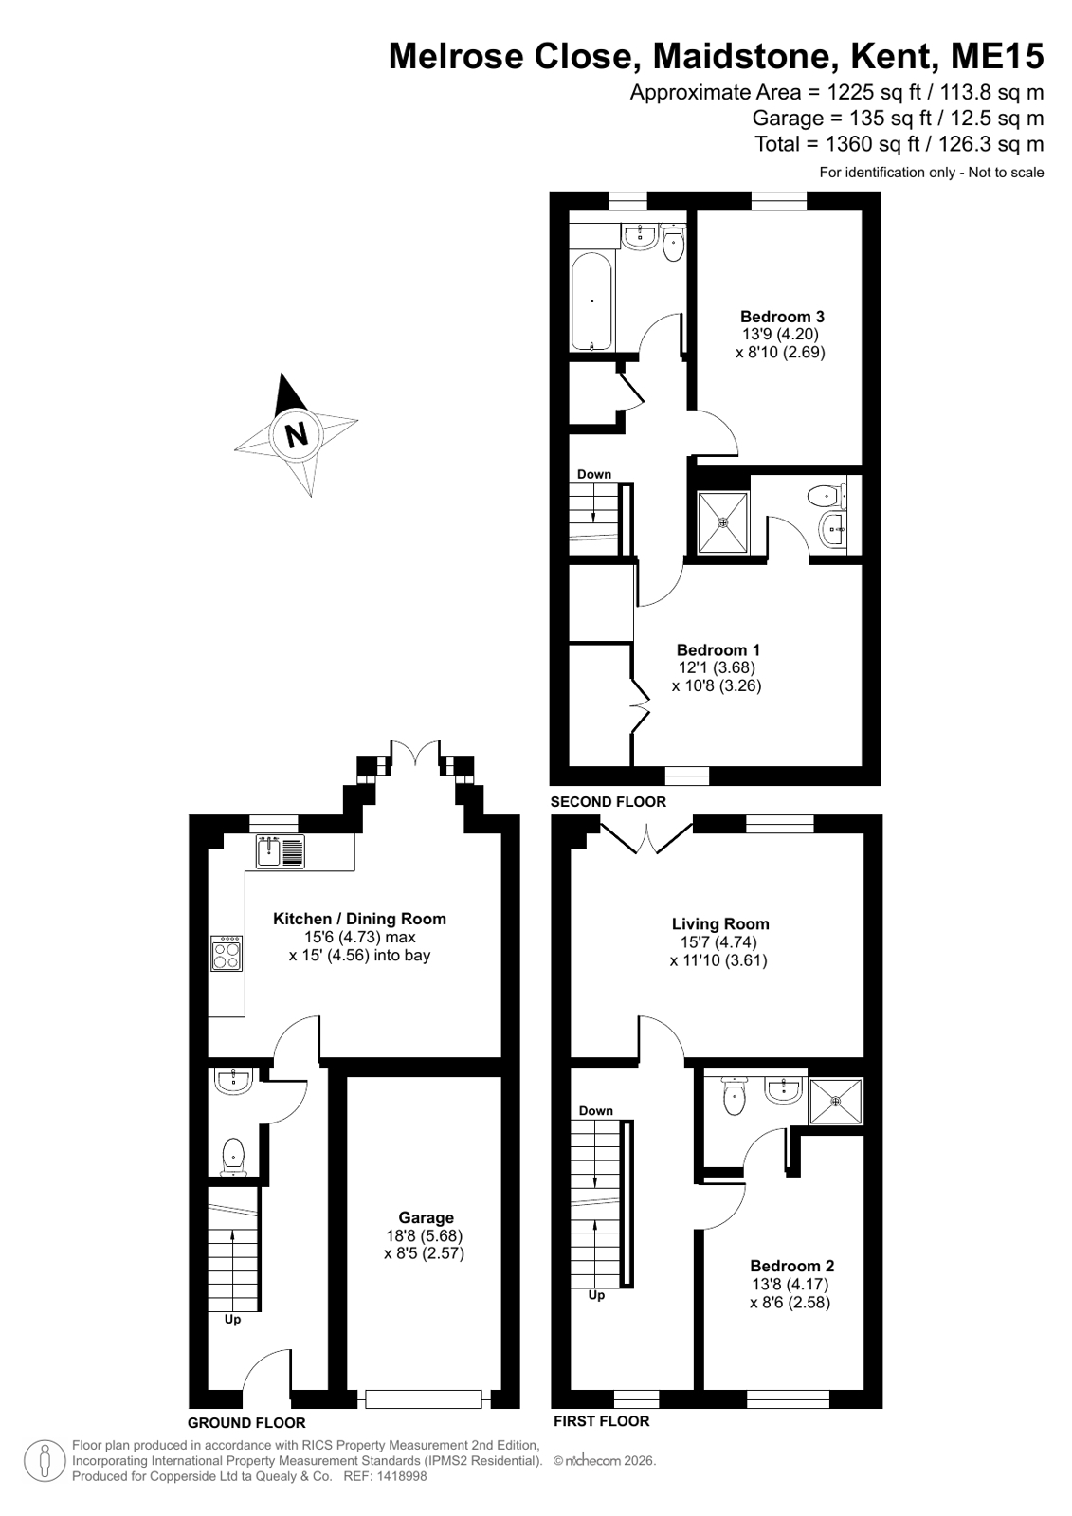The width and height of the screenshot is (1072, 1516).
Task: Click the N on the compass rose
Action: coord(296,434)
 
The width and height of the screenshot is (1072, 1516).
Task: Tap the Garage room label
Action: coord(426,1217)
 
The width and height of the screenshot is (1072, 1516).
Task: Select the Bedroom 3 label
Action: coord(782,316)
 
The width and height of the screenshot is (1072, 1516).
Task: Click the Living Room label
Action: coord(720,923)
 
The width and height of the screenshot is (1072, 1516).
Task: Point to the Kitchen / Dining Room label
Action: coord(359,919)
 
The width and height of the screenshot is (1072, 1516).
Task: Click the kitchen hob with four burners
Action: coord(227,954)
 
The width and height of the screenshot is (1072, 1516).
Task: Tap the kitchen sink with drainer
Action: coord(281,851)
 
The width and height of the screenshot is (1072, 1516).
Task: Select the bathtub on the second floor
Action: coord(592,301)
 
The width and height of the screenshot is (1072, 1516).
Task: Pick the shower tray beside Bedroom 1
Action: coord(723,522)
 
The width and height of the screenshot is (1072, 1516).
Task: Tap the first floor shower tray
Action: coord(837,1101)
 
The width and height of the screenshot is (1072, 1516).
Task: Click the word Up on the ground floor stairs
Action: coord(232,1319)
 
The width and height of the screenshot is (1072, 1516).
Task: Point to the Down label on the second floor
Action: coord(594,474)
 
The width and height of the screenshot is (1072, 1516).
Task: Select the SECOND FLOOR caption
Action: coord(608,802)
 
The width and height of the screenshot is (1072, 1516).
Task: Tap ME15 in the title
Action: coord(997,56)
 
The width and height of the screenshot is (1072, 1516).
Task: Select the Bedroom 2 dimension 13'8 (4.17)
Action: coord(790,1284)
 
